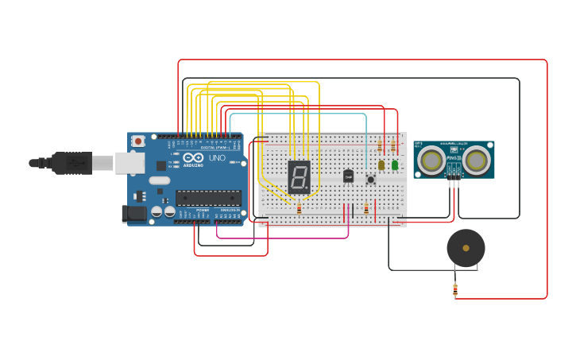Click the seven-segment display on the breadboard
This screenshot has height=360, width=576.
pos(299,176)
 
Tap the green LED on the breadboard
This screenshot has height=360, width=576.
pos(395,165)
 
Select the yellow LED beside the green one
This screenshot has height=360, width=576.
pos(381,165)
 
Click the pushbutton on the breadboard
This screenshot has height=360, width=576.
pos(370,180)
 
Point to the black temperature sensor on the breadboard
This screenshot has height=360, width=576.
pos(348,176)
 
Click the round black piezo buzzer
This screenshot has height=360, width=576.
pos(466,248)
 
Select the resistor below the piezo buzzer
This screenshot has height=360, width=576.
pos(455,289)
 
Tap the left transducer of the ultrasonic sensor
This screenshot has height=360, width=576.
pos(431,161)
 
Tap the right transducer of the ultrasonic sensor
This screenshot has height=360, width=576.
pos(477,161)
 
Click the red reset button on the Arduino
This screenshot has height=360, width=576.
pos(138,141)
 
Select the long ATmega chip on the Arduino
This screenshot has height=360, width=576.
pos(208,198)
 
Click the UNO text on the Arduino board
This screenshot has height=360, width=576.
pos(217,158)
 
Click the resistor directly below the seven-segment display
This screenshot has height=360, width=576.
pos(299,208)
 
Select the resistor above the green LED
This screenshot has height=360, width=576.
pos(392,146)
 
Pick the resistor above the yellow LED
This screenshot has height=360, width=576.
pos(380,146)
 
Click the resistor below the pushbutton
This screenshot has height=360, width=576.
pos(366,209)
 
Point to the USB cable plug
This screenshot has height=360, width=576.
pos(72,162)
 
